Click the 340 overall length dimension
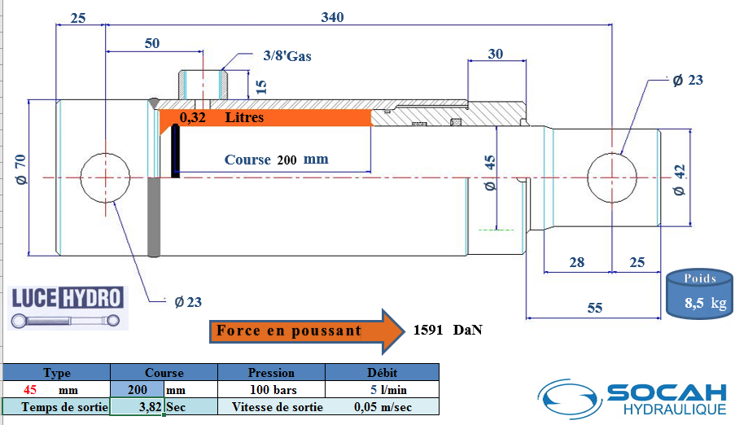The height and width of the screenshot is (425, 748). [x=333, y=17]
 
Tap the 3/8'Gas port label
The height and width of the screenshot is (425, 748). [x=287, y=56]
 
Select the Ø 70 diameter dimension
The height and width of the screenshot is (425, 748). [x=20, y=169]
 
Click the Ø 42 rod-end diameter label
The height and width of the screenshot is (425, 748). [x=679, y=180]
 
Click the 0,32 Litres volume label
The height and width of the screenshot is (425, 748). [x=221, y=117]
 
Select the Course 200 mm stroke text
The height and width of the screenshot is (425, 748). [x=276, y=160]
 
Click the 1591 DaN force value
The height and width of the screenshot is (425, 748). [x=448, y=330]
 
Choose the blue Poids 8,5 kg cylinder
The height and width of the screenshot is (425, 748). [x=699, y=293]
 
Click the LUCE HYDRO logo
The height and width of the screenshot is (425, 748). [x=68, y=307]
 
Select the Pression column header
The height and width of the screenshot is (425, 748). [x=271, y=373]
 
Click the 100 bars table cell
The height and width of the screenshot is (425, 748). [x=273, y=390]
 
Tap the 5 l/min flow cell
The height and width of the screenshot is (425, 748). [x=388, y=390]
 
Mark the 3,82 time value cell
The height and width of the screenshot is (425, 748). [x=151, y=407]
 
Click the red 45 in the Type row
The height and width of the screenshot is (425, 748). [x=30, y=390]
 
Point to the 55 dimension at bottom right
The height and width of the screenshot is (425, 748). [x=594, y=308]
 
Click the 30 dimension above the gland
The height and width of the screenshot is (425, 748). [x=495, y=54]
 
